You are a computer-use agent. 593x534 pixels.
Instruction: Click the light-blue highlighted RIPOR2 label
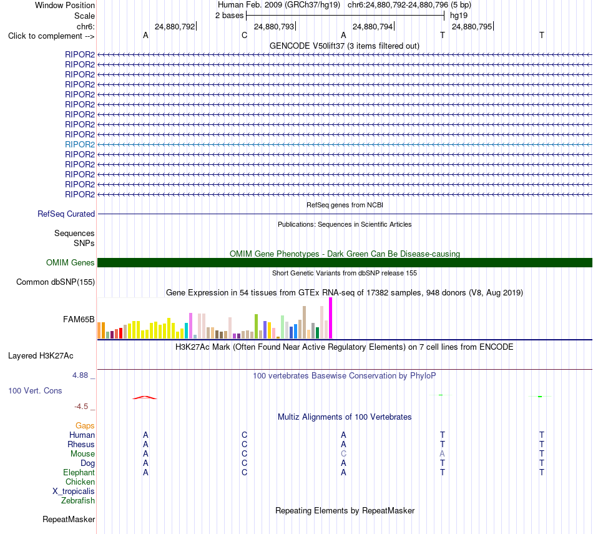pyautogui.click(x=80, y=144)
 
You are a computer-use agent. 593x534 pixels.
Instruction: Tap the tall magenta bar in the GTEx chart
pyautogui.click(x=331, y=318)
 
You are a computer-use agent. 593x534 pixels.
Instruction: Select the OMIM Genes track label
pyautogui.click(x=71, y=263)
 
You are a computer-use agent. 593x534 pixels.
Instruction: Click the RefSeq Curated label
pyautogui.click(x=66, y=214)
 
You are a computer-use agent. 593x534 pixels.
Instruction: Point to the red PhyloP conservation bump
pyautogui.click(x=144, y=397)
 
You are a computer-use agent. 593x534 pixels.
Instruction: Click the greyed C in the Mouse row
pyautogui.click(x=343, y=454)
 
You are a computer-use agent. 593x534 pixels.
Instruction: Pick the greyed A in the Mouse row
pyautogui.click(x=442, y=454)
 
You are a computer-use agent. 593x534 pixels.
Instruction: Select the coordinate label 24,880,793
pyautogui.click(x=274, y=26)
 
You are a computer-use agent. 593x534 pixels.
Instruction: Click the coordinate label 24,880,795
pyautogui.click(x=472, y=26)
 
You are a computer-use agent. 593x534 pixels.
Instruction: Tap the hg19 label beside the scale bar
pyautogui.click(x=459, y=16)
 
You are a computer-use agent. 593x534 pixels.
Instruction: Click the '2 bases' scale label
pyautogui.click(x=230, y=16)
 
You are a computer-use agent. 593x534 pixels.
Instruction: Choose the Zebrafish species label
pyautogui.click(x=78, y=501)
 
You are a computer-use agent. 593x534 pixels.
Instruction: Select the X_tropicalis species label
pyautogui.click(x=74, y=492)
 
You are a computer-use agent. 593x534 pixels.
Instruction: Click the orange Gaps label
pyautogui.click(x=85, y=426)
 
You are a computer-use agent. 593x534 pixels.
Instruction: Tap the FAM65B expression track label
pyautogui.click(x=79, y=319)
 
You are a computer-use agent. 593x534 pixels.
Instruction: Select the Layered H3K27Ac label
pyautogui.click(x=41, y=356)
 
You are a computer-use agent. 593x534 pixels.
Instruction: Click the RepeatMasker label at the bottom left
pyautogui.click(x=69, y=519)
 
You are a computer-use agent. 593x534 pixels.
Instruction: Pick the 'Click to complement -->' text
pyautogui.click(x=51, y=36)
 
